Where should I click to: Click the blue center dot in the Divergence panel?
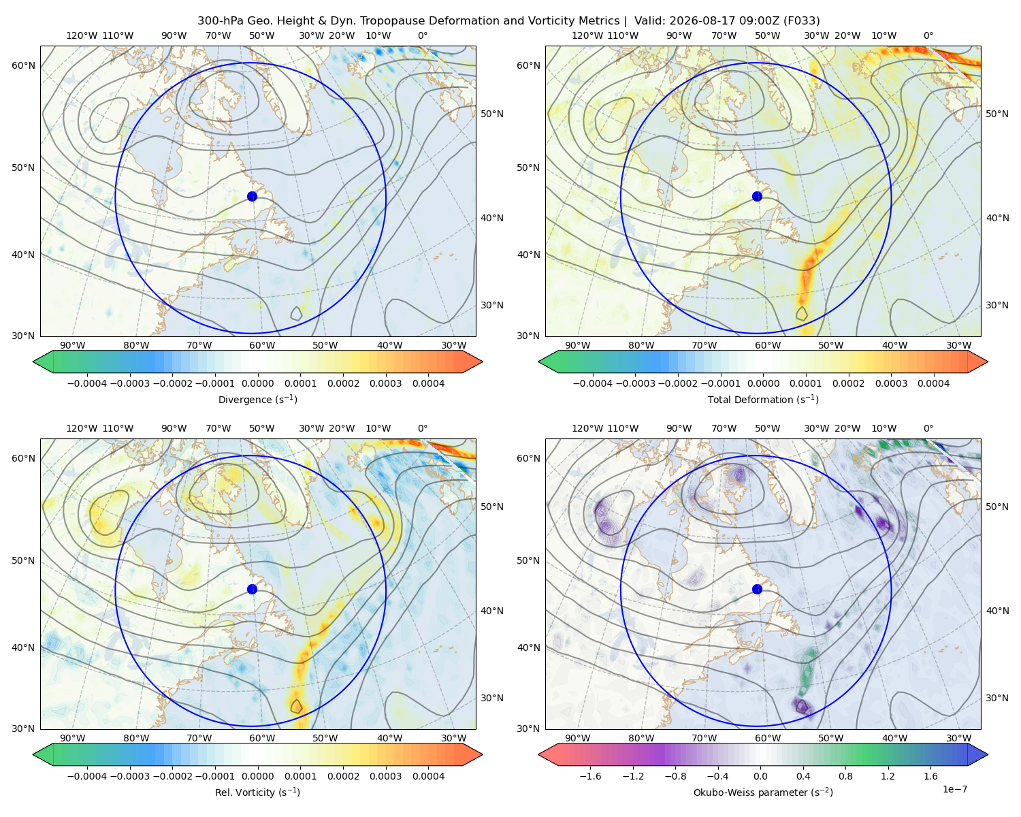(x=252, y=197)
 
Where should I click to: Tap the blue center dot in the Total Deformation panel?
(x=757, y=197)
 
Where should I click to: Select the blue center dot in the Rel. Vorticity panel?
(x=252, y=589)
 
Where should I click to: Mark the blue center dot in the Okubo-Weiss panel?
(x=757, y=589)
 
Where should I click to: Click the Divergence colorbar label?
(x=257, y=400)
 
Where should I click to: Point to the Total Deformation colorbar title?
(x=763, y=400)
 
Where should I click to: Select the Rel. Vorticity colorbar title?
(x=257, y=792)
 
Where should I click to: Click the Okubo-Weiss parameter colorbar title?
(x=763, y=792)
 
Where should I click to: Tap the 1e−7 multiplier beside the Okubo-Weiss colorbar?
(x=954, y=789)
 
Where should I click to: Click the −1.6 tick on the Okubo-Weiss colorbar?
(x=591, y=776)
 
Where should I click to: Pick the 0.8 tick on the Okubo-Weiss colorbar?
(x=845, y=776)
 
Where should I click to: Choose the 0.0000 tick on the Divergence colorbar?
(x=257, y=383)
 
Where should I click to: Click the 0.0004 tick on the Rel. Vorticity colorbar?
(x=428, y=776)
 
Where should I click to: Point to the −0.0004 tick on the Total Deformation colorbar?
(x=593, y=383)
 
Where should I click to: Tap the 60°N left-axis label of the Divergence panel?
(x=23, y=65)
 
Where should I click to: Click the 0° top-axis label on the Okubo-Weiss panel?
(x=928, y=428)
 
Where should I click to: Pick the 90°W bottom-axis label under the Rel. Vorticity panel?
(x=73, y=738)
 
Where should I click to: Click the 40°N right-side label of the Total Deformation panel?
(x=998, y=218)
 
